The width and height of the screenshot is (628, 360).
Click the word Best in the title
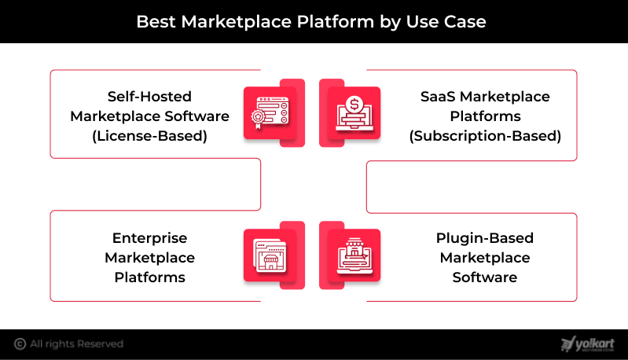coord(156,21)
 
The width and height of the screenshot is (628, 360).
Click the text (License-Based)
coord(149,135)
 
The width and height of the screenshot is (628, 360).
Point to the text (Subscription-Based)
coord(485,135)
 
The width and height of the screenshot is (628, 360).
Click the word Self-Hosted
coord(149,96)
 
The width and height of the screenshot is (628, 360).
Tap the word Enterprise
coord(149,237)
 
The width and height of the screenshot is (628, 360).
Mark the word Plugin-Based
coord(485,237)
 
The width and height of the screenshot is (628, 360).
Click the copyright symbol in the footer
coord(20,343)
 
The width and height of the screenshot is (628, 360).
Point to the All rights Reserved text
coord(77,343)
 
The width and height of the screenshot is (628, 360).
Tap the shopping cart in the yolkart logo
coord(567,343)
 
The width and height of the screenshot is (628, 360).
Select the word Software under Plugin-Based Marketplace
coord(485,277)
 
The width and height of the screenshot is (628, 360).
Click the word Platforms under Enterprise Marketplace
coord(149,277)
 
